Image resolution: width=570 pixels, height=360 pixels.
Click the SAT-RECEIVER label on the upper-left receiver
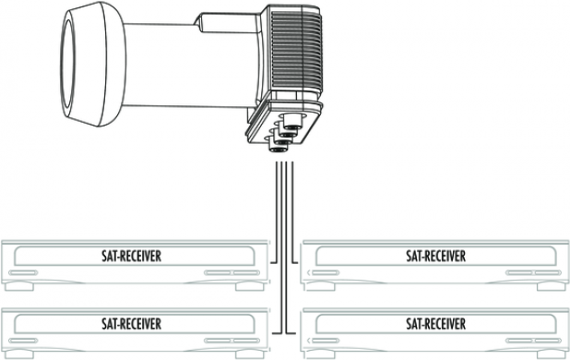click(131, 256)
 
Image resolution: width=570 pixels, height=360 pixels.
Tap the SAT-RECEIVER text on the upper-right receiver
click(435, 256)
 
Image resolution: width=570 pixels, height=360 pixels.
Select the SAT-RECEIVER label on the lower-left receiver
click(131, 324)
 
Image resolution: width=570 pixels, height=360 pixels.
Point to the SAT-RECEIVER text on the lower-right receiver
click(435, 324)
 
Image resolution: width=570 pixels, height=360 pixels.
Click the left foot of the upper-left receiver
click(19, 286)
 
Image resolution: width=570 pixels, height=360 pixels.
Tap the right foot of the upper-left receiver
click(250, 286)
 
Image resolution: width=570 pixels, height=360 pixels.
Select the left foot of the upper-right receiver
click(320, 286)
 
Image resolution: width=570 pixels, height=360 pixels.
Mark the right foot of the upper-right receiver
click(552, 286)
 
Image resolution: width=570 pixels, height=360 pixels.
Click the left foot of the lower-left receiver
click(19, 354)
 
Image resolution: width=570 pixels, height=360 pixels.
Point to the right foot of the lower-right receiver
click(552, 354)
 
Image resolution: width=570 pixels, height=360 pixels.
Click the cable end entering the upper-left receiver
click(272, 262)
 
